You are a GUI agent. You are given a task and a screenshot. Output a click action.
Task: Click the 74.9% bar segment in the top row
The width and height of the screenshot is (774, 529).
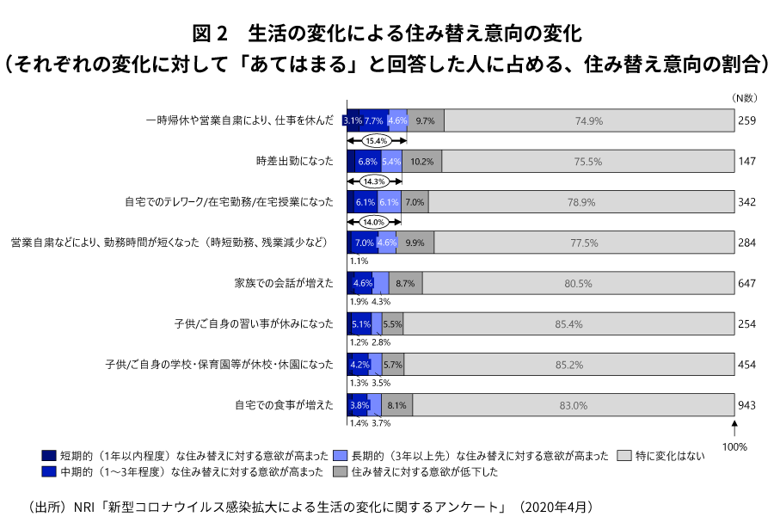(589, 121)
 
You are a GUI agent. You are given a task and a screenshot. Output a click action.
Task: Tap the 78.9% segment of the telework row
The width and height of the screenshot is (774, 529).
(581, 202)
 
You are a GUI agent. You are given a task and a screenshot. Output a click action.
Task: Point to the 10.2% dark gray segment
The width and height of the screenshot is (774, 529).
(421, 161)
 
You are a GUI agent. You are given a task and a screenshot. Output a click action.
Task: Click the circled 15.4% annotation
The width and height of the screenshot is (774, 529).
(375, 140)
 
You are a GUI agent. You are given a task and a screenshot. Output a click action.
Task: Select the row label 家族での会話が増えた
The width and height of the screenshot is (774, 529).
(283, 283)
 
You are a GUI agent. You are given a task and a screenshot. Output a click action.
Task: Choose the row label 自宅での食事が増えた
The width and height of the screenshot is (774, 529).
(283, 405)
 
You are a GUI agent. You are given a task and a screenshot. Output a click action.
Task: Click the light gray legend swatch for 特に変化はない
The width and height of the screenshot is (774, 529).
(625, 455)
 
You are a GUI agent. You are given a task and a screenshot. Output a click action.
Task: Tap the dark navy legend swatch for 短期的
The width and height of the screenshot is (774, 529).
(49, 455)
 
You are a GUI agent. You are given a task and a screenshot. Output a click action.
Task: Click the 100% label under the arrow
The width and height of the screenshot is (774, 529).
(734, 447)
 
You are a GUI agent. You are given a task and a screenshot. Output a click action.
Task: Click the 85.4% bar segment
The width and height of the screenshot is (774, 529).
(569, 324)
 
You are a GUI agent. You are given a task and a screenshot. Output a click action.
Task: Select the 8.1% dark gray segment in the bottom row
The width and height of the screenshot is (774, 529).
(396, 405)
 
